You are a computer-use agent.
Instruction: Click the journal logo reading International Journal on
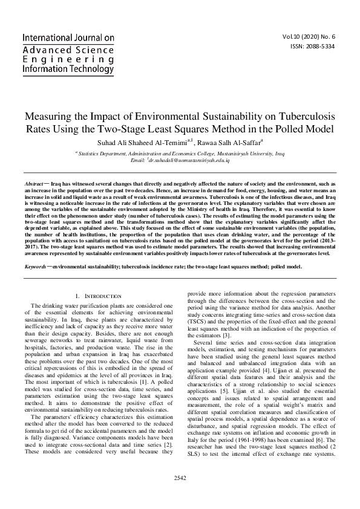(68, 37)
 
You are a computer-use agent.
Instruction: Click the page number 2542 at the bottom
(180, 494)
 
